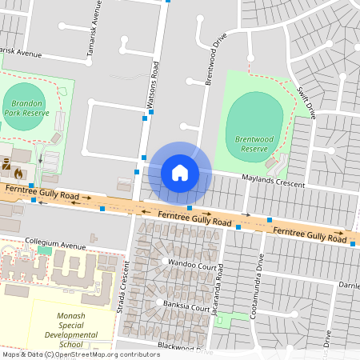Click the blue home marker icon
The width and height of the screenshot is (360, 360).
180,172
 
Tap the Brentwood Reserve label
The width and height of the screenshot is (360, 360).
254,144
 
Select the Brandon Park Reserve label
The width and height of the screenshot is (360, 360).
26,108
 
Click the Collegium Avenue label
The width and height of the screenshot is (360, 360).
54,245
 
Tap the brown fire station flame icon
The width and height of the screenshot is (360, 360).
18,171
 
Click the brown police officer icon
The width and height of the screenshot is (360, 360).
4,171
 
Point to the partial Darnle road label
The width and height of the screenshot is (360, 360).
348,285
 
